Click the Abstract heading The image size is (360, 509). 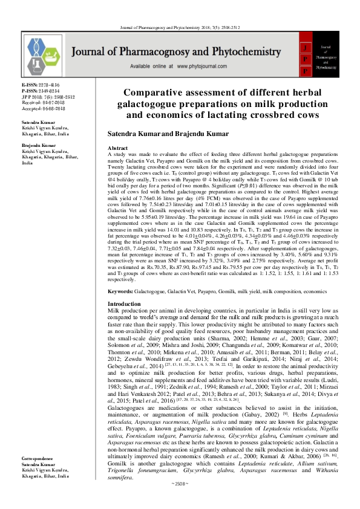coord(117,148)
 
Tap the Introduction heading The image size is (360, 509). coord(123,303)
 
